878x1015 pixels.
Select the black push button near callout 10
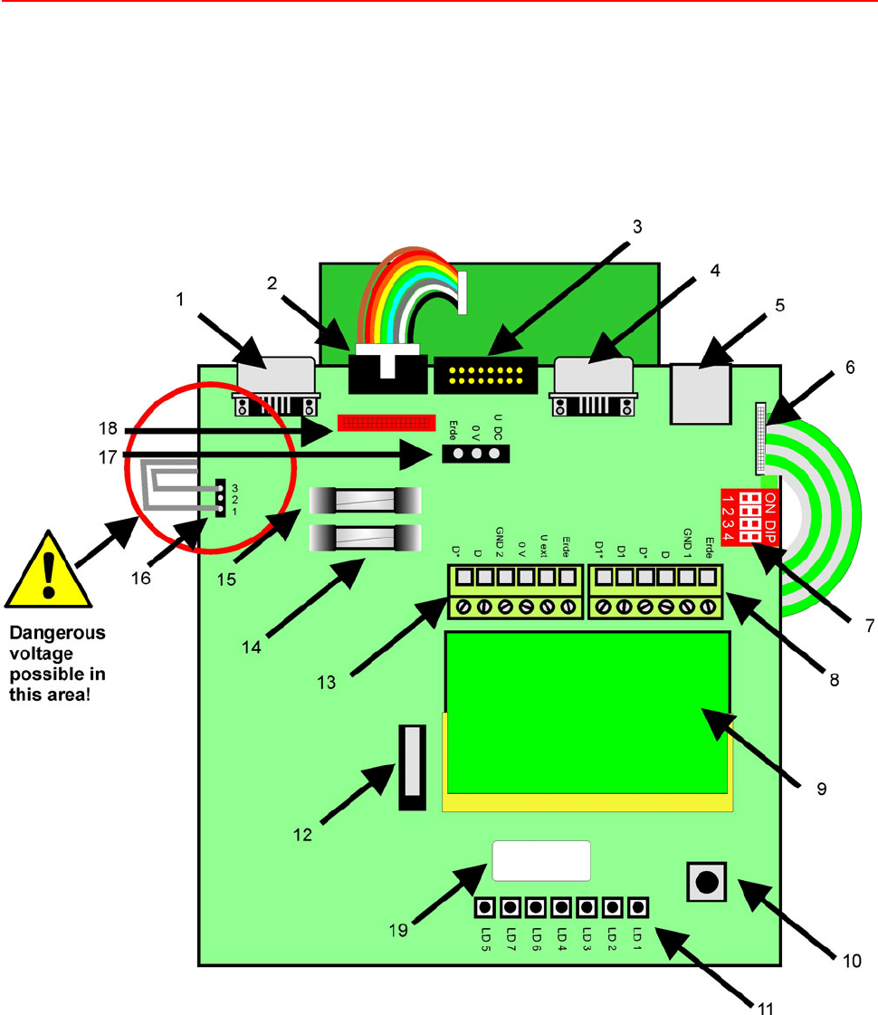click(x=706, y=881)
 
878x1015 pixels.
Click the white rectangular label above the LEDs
click(x=541, y=860)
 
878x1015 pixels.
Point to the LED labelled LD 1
click(x=638, y=906)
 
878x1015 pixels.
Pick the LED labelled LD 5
click(x=486, y=906)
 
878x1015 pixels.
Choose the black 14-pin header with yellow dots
click(x=486, y=374)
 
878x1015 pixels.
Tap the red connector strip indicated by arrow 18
click(x=381, y=422)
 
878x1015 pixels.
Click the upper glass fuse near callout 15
click(x=366, y=499)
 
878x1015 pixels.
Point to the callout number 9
click(x=822, y=789)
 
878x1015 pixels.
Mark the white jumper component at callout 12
click(x=411, y=767)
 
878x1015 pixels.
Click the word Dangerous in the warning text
click(x=56, y=634)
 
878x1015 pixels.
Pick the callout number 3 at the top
click(x=637, y=227)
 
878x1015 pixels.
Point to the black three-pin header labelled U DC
click(x=476, y=454)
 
